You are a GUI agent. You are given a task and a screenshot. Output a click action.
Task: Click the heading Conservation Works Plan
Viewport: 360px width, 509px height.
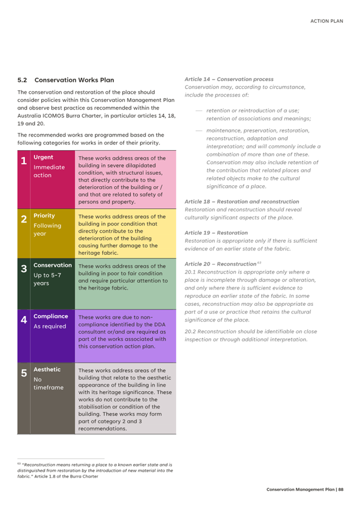[74, 80]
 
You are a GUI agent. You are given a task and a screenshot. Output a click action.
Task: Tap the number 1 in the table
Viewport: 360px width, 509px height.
[23, 161]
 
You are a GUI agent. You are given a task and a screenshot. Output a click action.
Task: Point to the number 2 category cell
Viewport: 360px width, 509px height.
[23, 220]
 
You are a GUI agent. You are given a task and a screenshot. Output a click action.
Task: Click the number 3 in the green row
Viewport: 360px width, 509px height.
[23, 269]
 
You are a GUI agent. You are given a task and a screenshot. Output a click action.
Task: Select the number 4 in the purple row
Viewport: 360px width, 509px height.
[23, 320]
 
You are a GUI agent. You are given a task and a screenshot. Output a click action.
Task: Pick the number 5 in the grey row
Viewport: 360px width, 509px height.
[23, 373]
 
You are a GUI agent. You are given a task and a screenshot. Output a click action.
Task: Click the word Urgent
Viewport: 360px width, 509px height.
[43, 157]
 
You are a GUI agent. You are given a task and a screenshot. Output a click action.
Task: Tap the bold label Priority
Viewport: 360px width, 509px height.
[44, 216]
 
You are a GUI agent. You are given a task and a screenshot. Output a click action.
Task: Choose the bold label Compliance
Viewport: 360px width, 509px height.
[51, 316]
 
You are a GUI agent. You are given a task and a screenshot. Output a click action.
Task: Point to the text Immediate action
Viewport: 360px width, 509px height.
[49, 171]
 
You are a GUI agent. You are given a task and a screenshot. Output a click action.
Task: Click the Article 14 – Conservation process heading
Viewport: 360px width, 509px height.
[229, 80]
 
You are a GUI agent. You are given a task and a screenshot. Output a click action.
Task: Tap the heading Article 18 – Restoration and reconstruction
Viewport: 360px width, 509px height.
[242, 201]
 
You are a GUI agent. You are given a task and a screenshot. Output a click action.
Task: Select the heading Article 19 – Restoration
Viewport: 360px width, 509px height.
[216, 232]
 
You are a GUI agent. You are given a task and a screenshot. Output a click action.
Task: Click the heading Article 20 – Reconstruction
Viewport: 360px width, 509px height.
[221, 264]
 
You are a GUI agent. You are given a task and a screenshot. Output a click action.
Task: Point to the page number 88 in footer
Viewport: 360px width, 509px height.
[341, 489]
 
